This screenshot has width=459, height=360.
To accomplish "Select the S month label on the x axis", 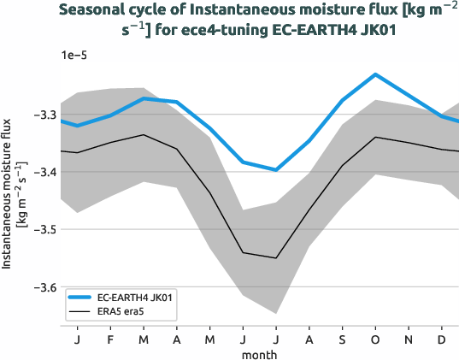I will click(x=342, y=339).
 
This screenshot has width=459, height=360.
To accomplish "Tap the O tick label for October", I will click(x=375, y=339).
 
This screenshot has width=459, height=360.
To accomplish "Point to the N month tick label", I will click(x=409, y=339).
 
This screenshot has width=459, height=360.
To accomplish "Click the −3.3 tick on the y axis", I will click(x=43, y=115).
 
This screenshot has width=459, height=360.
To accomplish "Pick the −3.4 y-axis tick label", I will click(x=43, y=172).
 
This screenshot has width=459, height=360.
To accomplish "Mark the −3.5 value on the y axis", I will click(x=43, y=230).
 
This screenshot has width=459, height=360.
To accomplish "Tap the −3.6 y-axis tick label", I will click(x=43, y=287).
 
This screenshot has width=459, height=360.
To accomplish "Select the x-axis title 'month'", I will click(x=258, y=353).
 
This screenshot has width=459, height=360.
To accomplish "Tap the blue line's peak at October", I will click(x=375, y=74).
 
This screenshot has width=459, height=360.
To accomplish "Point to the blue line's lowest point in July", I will click(x=275, y=170).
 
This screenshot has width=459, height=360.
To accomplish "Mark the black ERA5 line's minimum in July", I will click(x=275, y=257).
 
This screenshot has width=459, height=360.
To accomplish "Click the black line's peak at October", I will click(x=375, y=137).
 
